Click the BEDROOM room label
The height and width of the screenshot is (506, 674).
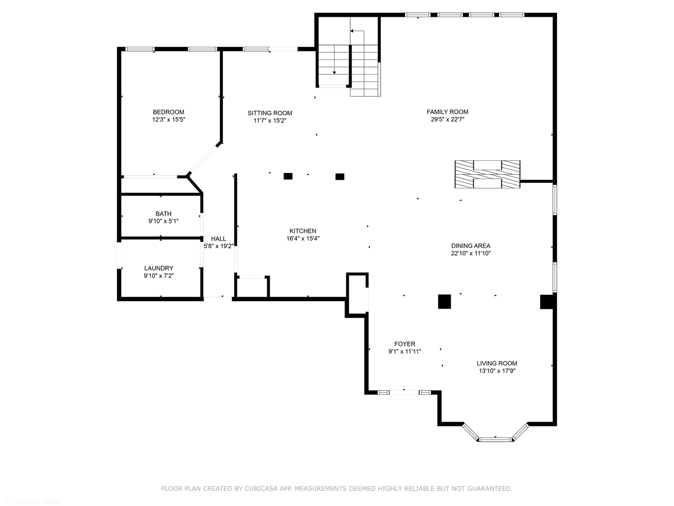point(168,112)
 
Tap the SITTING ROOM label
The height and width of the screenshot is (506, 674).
point(270,113)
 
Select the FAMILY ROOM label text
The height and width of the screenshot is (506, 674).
point(447,112)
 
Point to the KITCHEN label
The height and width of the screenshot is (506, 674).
point(303,231)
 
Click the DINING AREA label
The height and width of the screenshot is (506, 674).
point(471,246)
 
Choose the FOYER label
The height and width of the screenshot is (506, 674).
point(404,344)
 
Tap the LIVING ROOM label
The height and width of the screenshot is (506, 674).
point(497,363)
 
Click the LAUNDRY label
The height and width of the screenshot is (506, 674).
point(159,268)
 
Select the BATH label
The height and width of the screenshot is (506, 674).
point(163,214)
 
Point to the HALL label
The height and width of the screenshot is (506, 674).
point(218,238)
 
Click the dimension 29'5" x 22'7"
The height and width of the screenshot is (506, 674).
point(447,119)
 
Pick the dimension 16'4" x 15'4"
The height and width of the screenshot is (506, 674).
point(303,238)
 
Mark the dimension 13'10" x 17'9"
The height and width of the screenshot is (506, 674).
point(497,371)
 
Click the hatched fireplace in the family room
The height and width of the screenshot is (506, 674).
point(487,174)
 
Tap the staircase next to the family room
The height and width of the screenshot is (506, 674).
point(349,66)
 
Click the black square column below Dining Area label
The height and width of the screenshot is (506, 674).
point(444,301)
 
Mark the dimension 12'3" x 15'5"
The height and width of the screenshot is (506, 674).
point(168,120)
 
